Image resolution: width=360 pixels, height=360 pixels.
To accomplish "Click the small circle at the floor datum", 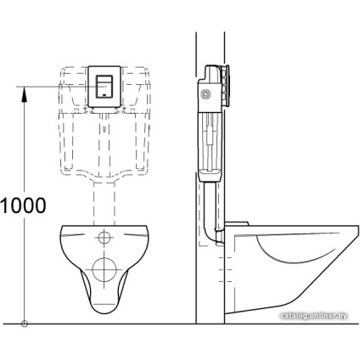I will [25, 323].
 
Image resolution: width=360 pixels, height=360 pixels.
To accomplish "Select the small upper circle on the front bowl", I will [104, 237].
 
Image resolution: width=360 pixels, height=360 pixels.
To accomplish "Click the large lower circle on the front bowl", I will [104, 271].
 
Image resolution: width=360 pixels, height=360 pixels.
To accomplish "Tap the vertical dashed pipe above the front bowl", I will [104, 204].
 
